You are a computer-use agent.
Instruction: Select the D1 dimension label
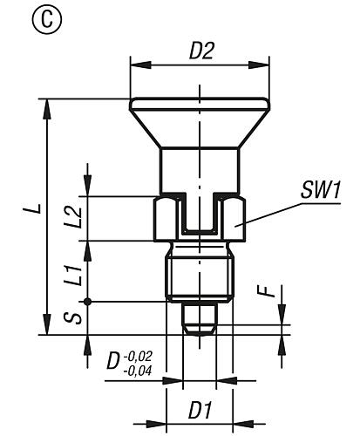(x=200, y=407)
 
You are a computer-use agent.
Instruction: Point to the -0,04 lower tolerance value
(x=138, y=369)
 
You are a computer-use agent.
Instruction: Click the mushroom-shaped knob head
(x=199, y=121)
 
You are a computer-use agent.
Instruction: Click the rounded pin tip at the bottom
(x=199, y=320)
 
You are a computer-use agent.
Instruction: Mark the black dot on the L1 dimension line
(x=85, y=302)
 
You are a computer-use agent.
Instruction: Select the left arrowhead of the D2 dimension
(x=134, y=64)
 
